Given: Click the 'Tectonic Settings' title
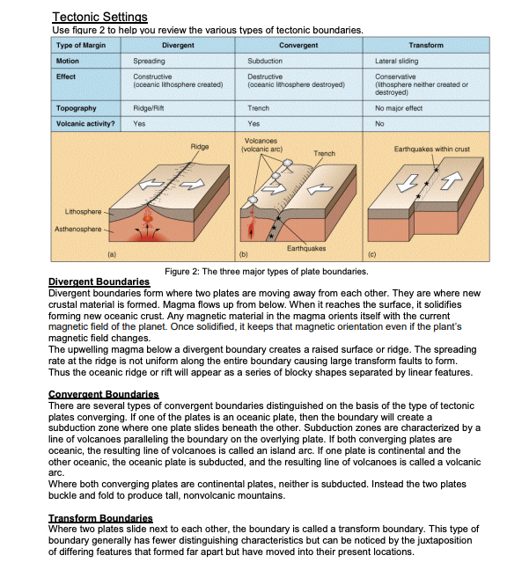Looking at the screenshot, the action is point(99,17).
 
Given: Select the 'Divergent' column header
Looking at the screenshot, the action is point(178,45).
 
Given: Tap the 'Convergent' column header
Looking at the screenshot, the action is point(298,45).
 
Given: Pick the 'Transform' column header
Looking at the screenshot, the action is point(426,45).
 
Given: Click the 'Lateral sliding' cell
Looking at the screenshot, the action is point(396,61).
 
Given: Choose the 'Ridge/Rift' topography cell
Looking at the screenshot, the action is point(149,108).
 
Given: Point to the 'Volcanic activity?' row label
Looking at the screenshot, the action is point(85,124).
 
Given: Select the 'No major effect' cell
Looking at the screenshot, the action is point(399,108).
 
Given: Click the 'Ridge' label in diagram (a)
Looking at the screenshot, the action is point(200,147).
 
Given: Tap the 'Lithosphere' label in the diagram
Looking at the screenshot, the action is point(83,212).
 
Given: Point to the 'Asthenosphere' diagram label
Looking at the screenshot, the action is point(77,229).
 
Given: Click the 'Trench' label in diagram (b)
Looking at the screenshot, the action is point(325,153).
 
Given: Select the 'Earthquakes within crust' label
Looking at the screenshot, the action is point(431,149).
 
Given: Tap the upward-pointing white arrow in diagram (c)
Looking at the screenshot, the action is point(452,180).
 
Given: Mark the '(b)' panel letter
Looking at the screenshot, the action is point(243,254).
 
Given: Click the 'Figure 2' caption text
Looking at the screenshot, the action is point(266,272).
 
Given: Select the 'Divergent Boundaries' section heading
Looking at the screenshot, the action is point(99,281).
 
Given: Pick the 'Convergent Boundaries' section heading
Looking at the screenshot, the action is point(104,394).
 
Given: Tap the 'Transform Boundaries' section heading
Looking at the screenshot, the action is point(100,518).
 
